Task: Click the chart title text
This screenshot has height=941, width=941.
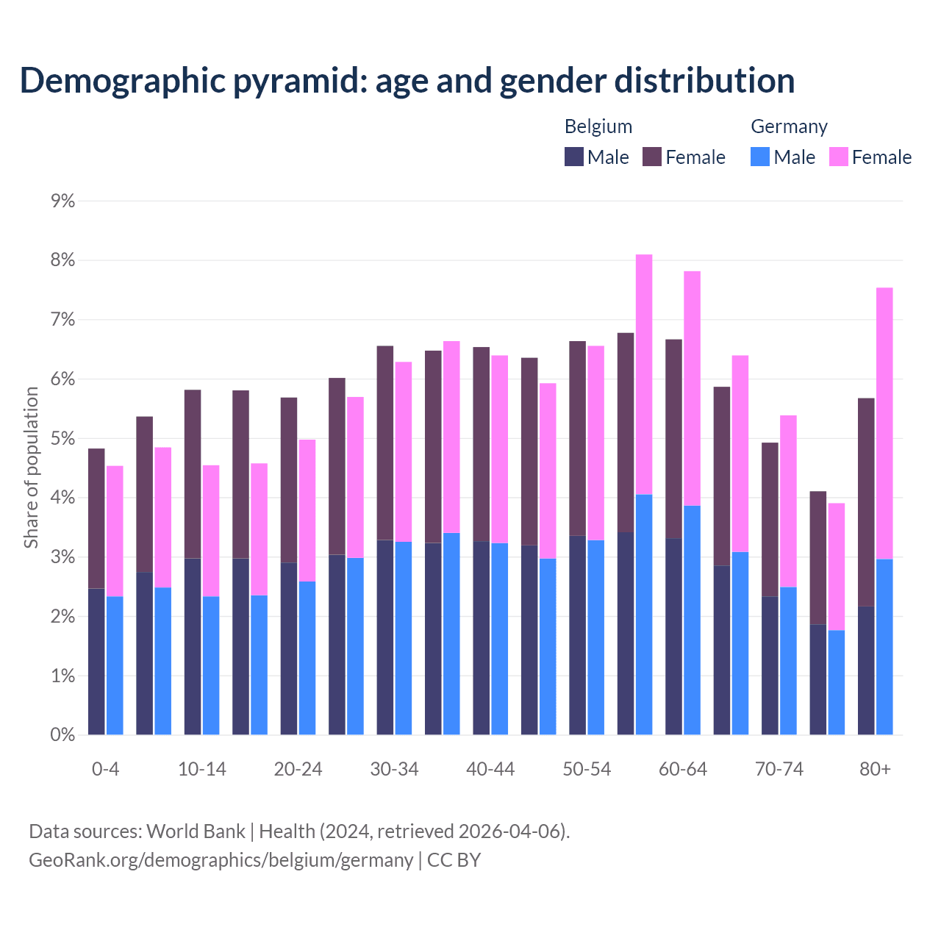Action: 407,80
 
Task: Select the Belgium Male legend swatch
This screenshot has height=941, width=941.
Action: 574,157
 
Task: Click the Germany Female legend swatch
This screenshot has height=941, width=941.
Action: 839,157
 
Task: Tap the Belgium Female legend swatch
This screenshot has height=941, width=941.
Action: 652,157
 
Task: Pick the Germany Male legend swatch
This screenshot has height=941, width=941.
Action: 760,157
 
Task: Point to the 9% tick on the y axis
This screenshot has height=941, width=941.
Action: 62,201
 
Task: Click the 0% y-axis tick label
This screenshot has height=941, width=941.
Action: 62,734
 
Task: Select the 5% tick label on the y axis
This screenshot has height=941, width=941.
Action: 62,438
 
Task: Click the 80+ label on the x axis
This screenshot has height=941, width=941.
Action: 875,769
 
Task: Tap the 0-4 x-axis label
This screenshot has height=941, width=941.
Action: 105,769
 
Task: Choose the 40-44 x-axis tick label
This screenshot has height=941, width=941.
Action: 490,769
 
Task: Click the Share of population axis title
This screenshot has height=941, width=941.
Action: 31,468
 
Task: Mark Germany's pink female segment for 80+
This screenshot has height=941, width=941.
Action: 884,423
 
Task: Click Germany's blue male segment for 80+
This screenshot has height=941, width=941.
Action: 884,647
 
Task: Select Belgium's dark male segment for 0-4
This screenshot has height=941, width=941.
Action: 96,662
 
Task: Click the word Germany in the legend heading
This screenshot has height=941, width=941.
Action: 789,126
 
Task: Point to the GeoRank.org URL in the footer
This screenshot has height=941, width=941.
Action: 221,859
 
